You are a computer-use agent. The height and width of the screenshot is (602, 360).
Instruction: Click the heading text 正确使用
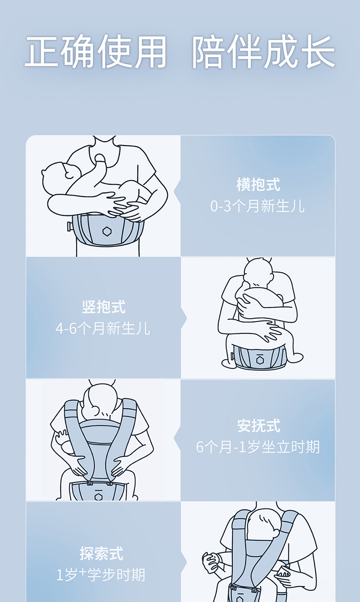click(96, 52)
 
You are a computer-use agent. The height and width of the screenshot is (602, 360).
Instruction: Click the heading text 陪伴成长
click(263, 52)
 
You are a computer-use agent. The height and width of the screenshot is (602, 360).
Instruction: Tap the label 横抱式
click(258, 185)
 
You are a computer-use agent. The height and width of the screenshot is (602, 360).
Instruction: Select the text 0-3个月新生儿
click(257, 206)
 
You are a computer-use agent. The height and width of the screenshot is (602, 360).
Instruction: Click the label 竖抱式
click(103, 307)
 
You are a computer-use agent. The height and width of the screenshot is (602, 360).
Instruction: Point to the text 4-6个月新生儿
click(103, 328)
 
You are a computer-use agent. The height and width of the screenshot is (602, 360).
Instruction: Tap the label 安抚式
click(258, 426)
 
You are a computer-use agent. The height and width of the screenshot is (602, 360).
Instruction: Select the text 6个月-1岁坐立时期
click(258, 447)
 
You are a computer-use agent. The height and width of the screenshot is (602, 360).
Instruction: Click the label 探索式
click(102, 553)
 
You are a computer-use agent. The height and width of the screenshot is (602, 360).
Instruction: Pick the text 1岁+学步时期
click(101, 575)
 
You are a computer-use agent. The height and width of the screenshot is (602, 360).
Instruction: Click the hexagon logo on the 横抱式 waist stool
click(107, 231)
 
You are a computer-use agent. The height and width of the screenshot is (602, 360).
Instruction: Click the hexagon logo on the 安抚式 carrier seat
click(98, 496)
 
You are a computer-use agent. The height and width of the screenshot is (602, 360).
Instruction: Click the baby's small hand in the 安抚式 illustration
click(62, 437)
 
